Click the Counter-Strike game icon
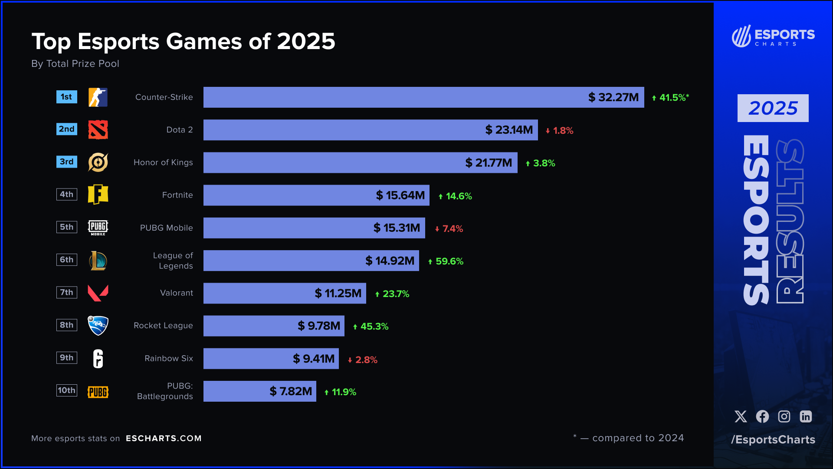(98, 97)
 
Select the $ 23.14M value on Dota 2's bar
(509, 130)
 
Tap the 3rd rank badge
(67, 162)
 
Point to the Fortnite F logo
(98, 195)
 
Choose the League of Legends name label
(173, 261)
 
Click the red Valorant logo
(98, 293)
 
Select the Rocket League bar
(274, 326)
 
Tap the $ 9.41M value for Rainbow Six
(314, 359)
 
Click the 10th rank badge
(67, 390)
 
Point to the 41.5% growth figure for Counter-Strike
(670, 98)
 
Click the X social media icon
(741, 416)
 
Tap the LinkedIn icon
(806, 416)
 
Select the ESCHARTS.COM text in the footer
(164, 438)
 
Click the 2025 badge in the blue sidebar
(773, 108)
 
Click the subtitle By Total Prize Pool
(75, 64)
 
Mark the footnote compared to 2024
(638, 438)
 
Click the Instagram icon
(784, 416)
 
